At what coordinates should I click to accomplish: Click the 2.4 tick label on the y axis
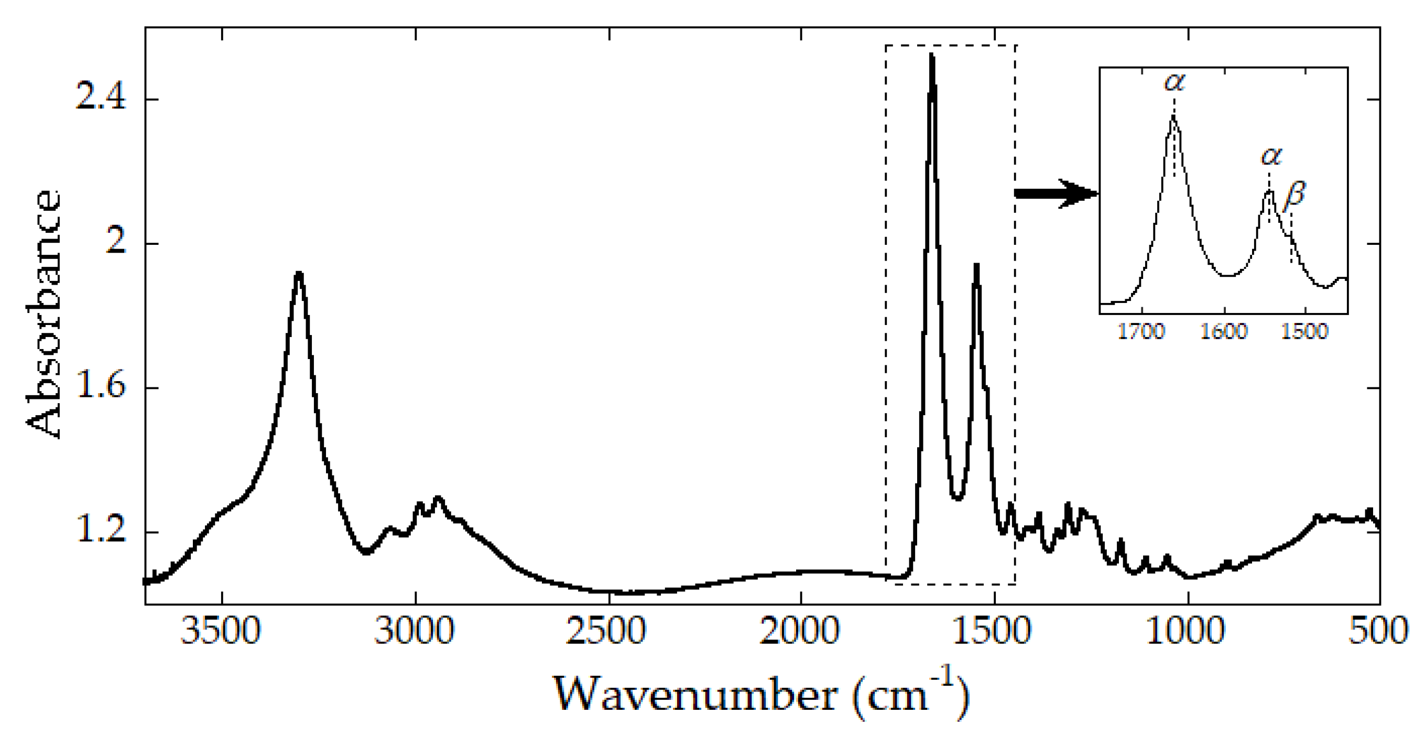100,99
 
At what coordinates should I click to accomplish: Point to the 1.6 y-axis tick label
100,387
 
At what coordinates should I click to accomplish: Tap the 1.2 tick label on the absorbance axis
100,531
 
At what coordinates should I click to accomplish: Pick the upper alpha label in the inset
1175,82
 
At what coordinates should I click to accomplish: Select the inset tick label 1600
1224,332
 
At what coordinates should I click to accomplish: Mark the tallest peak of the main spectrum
932,56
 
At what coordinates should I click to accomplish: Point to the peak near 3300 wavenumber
299,273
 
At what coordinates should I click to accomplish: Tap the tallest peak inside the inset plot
1173,117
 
